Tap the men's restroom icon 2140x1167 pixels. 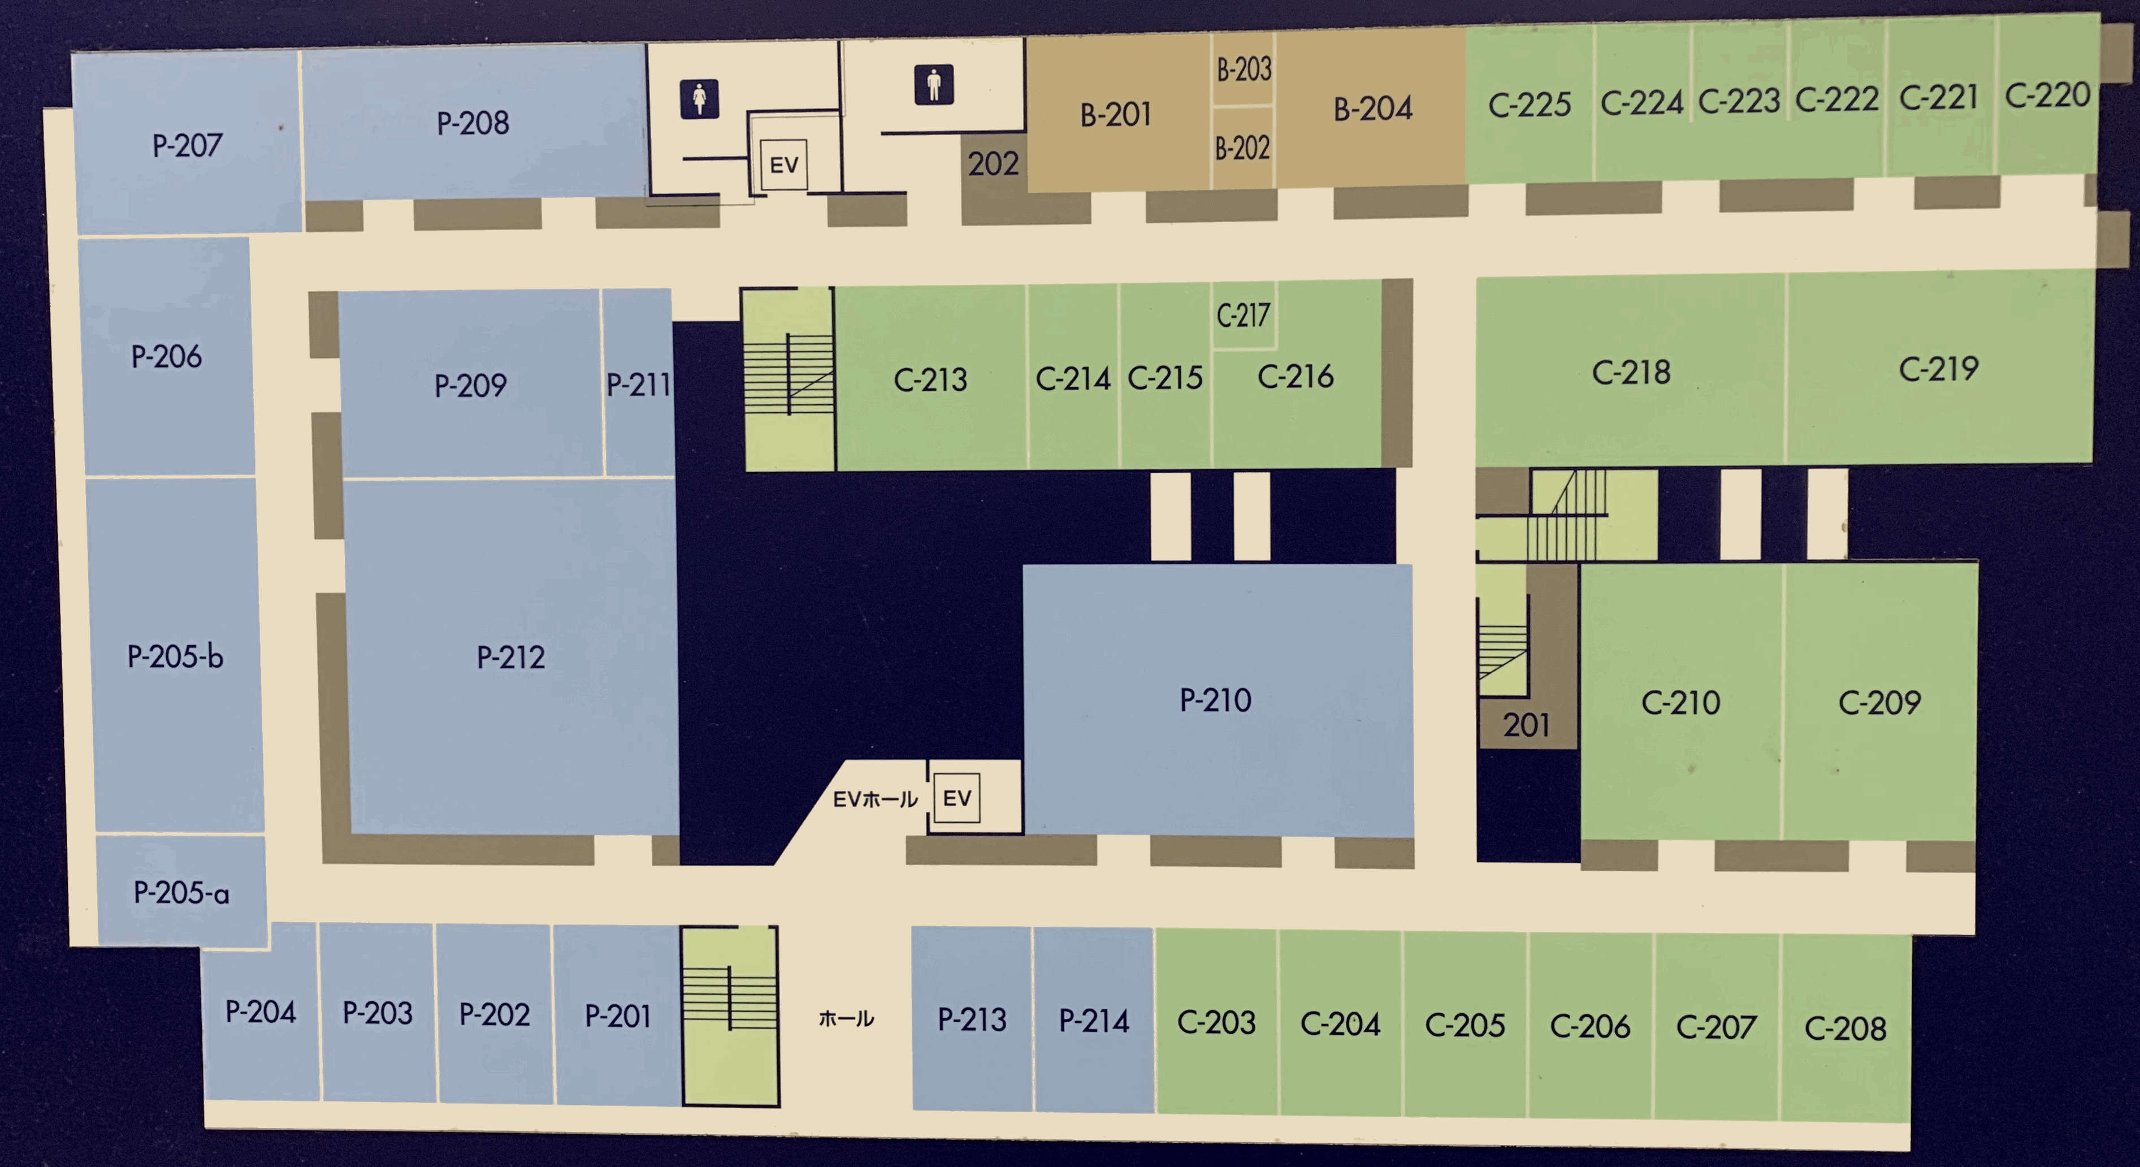point(934,85)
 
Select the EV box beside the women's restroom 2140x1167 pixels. point(783,165)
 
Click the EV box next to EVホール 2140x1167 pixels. point(956,798)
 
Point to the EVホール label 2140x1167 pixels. point(875,799)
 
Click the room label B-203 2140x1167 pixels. point(1244,70)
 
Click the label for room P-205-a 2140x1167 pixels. point(181,893)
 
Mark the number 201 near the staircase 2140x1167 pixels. point(1526,725)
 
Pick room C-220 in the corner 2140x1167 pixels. point(2046,96)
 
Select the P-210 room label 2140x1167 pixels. point(1215,700)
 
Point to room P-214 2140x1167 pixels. point(1093,1021)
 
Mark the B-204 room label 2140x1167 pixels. point(1372,109)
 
